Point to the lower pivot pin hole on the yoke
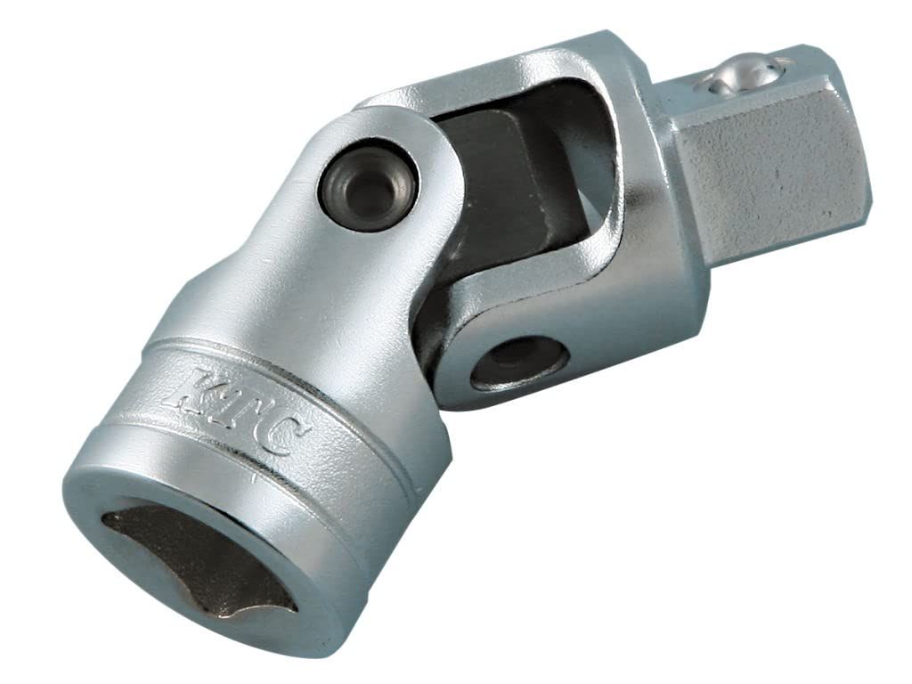(518, 364)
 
